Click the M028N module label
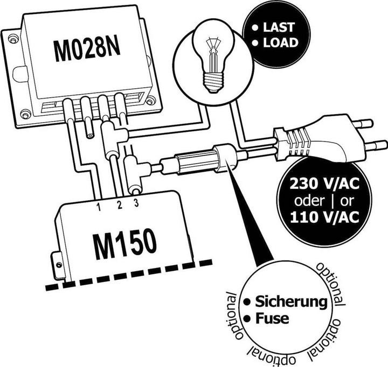(x=86, y=50)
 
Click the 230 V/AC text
(x=324, y=182)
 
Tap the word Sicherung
(x=291, y=301)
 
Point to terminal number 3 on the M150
(x=136, y=203)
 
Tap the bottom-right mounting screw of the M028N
(x=151, y=101)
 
